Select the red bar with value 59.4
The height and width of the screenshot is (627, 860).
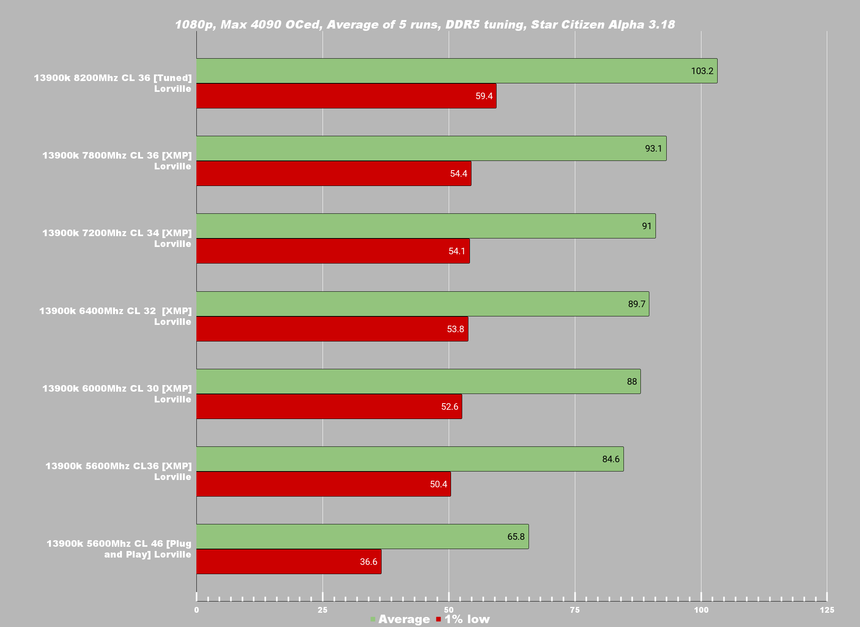click(x=346, y=96)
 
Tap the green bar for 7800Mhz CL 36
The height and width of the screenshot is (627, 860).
click(x=431, y=149)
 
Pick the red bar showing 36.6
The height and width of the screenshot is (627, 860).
click(x=289, y=562)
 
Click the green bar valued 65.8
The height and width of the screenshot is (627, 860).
click(x=362, y=537)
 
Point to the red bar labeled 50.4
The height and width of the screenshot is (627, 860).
click(x=323, y=484)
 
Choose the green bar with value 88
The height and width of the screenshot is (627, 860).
click(x=418, y=382)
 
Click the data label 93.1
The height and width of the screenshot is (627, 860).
click(x=653, y=149)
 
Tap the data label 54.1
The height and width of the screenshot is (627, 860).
click(x=456, y=251)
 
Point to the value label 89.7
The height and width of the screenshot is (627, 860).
click(x=637, y=304)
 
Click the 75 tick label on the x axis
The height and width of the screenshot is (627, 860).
click(x=575, y=610)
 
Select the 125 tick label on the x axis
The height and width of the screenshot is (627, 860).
click(x=827, y=610)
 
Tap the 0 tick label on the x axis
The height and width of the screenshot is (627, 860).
click(x=196, y=610)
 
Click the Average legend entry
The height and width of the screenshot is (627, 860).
click(x=404, y=619)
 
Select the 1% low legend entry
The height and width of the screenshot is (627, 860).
click(x=467, y=619)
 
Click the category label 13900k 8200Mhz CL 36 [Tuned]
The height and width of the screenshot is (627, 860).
click(x=113, y=83)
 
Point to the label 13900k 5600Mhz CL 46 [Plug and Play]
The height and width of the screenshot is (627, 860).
click(x=119, y=549)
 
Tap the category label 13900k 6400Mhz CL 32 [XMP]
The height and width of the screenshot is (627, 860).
click(x=115, y=316)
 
